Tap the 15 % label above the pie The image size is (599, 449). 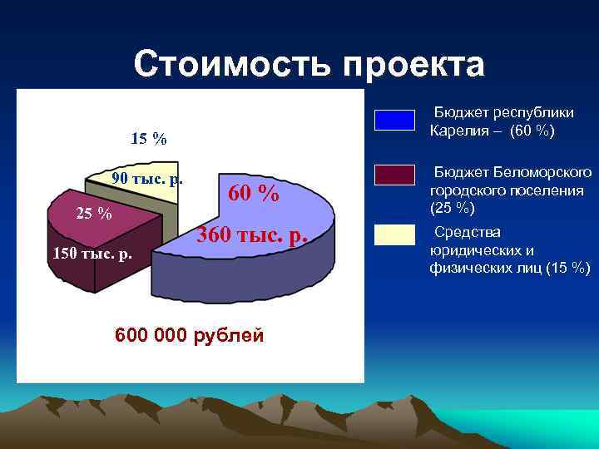pyautogui.click(x=148, y=139)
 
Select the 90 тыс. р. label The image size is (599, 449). pyautogui.click(x=147, y=180)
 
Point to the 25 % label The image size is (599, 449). pyautogui.click(x=93, y=214)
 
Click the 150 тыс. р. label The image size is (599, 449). pyautogui.click(x=92, y=252)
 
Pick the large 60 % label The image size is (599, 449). pyautogui.click(x=253, y=194)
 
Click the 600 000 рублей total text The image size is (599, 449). pyautogui.click(x=190, y=335)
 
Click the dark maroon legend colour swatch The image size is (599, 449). pyautogui.click(x=394, y=175)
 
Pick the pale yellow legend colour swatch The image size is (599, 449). pyautogui.click(x=394, y=235)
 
